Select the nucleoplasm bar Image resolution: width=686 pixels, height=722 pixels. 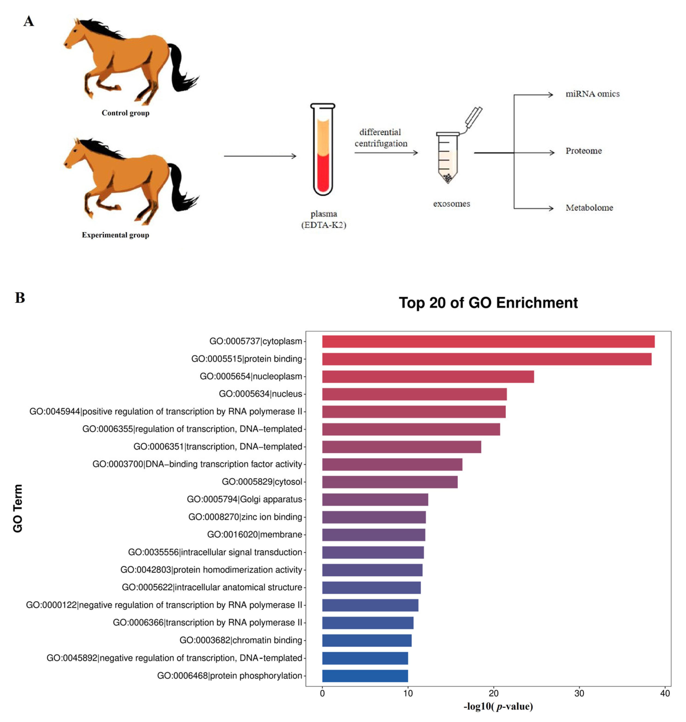click(428, 377)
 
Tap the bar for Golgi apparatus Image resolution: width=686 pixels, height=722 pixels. click(375, 500)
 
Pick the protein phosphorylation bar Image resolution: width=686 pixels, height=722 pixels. click(365, 676)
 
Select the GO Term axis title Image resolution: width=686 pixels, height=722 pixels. click(18, 508)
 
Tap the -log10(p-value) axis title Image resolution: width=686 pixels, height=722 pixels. click(498, 706)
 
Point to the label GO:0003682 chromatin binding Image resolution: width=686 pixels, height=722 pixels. click(241, 640)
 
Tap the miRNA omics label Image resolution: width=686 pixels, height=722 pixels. click(592, 94)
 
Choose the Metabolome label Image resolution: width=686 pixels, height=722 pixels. click(589, 208)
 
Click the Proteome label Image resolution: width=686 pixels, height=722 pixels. click(584, 151)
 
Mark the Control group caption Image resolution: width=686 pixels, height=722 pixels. click(125, 113)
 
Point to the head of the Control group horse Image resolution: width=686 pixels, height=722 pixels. click(73, 35)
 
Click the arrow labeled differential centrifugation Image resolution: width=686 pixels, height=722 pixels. click(386, 153)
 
